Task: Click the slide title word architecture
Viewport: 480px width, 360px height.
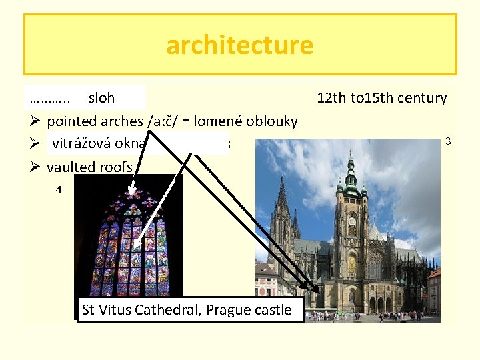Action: (x=239, y=45)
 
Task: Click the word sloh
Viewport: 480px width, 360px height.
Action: (x=101, y=98)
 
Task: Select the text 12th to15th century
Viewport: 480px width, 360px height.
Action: (x=381, y=98)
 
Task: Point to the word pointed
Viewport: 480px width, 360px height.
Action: (x=71, y=121)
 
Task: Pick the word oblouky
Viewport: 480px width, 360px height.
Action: (x=272, y=121)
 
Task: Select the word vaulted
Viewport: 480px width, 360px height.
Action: (x=71, y=167)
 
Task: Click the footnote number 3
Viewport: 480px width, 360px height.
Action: (x=449, y=141)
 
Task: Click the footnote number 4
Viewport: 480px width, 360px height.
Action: (x=59, y=189)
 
